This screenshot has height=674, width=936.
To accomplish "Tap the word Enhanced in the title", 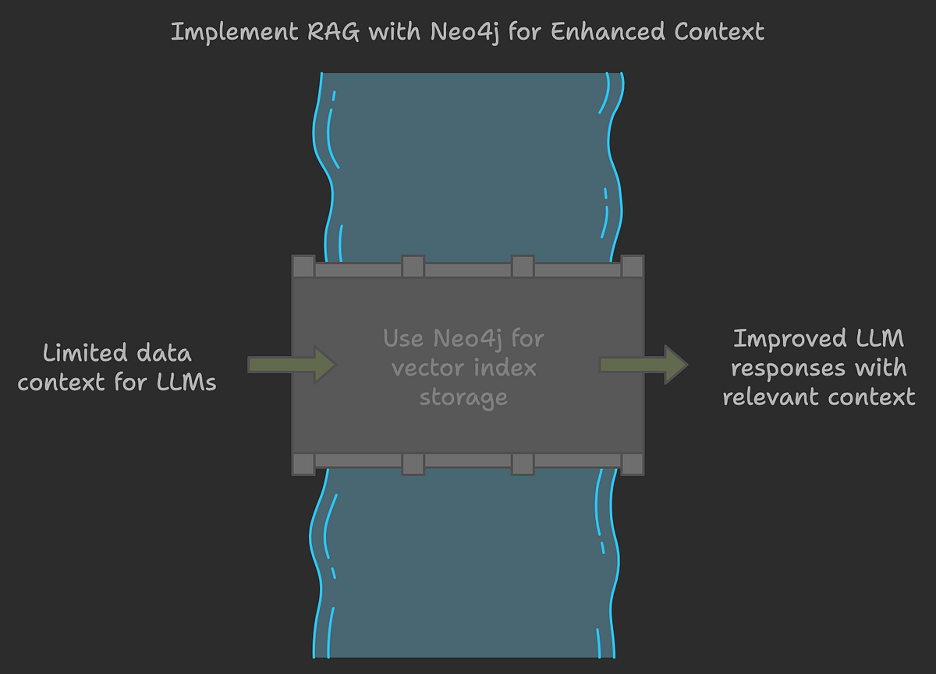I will coord(595,33).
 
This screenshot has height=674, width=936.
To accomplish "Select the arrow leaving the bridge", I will coord(643,364).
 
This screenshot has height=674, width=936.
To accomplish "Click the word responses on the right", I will coord(787,368).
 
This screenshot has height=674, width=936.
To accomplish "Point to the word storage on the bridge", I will coord(463,397).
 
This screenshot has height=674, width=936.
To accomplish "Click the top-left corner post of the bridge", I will coord(303,266).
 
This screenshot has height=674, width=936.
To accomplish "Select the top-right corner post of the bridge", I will coord(633,266).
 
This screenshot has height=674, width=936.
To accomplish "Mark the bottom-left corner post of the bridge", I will coord(303,464).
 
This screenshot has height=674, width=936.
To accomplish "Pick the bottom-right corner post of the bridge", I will coord(633,464).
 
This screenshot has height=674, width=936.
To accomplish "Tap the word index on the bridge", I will coord(504,368).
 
